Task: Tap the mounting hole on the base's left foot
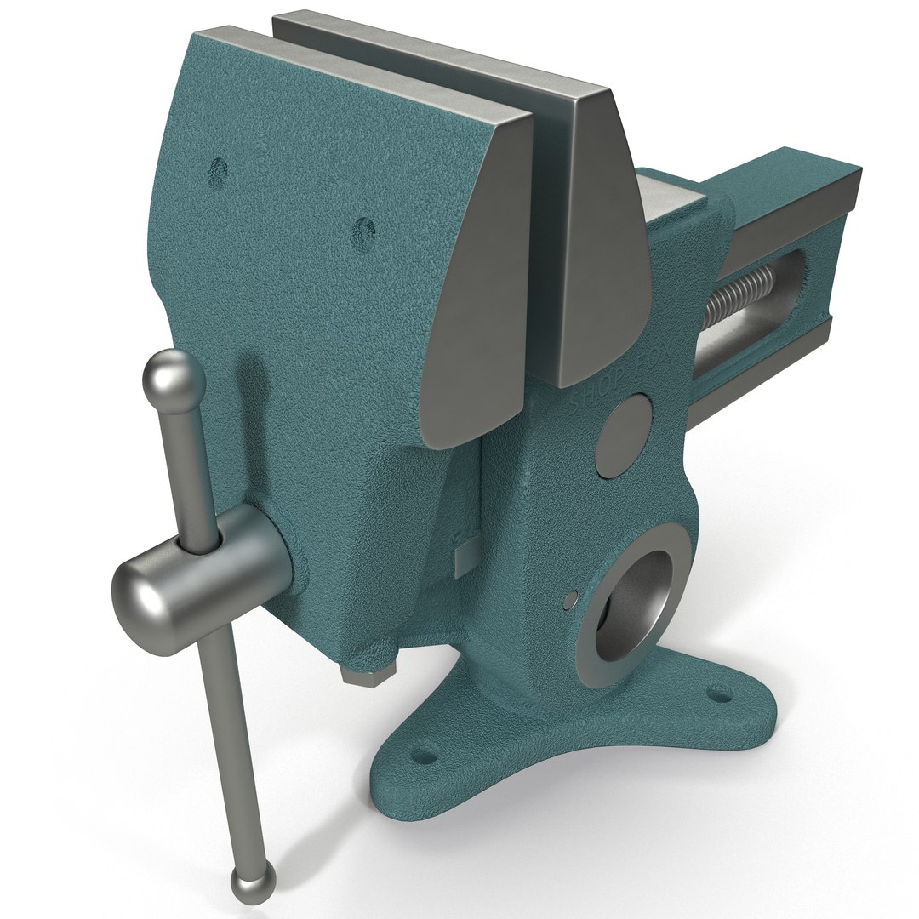point(422,754)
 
